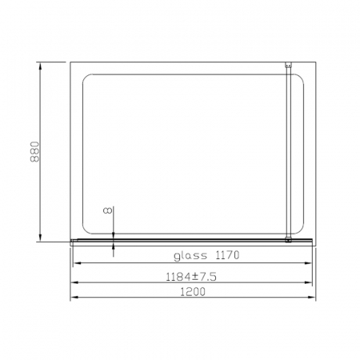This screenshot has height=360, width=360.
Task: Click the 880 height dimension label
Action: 35,152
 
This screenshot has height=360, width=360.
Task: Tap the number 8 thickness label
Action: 107,210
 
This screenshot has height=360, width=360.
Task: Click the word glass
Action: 190,256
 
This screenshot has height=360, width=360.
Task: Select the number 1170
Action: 227,255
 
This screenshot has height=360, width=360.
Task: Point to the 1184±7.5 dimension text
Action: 191,277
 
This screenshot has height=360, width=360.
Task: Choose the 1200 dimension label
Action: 193,292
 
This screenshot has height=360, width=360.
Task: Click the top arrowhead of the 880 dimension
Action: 40,66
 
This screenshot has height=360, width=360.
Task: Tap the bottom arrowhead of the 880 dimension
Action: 40,238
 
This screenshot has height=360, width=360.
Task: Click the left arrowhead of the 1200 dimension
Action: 74,297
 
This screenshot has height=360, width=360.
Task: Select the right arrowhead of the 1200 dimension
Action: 312,297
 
